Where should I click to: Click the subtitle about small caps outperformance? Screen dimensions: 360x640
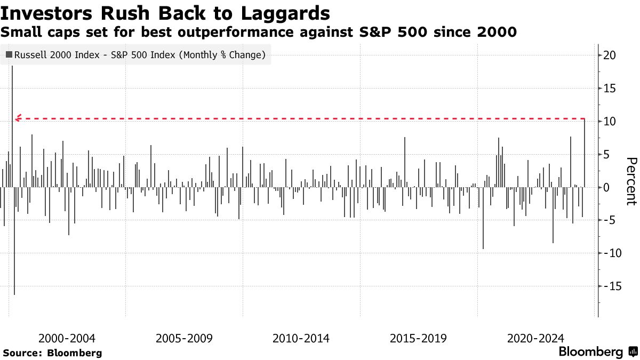coord(259,33)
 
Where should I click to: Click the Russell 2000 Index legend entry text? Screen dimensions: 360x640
coord(140,54)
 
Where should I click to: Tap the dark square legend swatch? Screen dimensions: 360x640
coord(9,54)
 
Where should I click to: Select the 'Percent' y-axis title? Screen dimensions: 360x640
coord(631,181)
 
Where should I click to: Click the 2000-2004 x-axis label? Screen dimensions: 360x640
coord(67,338)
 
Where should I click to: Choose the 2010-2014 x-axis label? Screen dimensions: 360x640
coord(301,338)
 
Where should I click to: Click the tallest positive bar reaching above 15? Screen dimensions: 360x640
coord(12,107)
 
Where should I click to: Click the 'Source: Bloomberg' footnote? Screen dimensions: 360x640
coord(52,353)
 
